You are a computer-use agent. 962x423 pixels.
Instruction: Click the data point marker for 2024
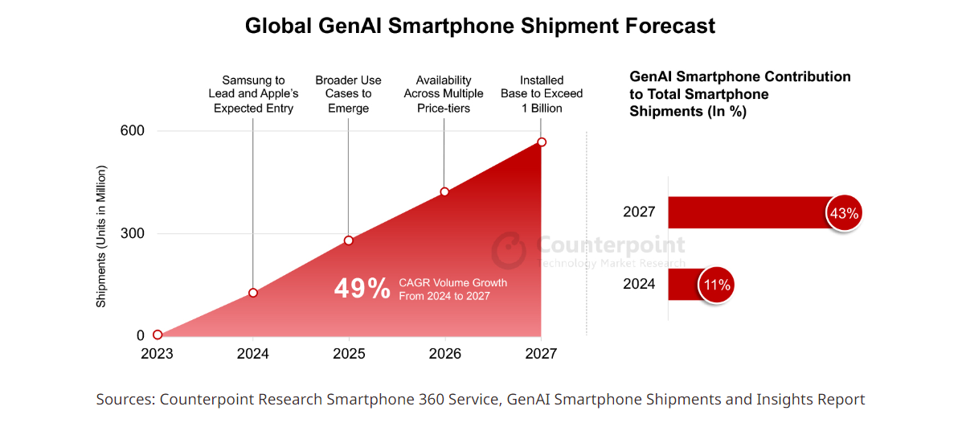click(253, 293)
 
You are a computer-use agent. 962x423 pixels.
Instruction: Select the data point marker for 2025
click(349, 240)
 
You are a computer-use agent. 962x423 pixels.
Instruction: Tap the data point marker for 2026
click(444, 191)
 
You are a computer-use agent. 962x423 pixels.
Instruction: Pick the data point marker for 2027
click(542, 142)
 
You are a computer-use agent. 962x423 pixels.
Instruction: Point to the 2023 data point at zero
click(158, 335)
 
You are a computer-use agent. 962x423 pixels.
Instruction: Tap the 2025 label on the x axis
click(349, 354)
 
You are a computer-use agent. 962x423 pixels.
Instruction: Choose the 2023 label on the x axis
click(158, 354)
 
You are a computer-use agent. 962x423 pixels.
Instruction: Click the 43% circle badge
click(844, 214)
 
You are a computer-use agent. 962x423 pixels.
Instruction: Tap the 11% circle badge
click(716, 285)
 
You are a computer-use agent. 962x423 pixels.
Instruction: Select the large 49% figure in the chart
click(362, 289)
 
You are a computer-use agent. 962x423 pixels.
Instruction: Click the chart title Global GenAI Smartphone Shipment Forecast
click(480, 26)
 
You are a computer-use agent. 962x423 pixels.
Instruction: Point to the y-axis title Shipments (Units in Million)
click(101, 236)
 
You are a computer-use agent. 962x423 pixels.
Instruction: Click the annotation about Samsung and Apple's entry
click(253, 94)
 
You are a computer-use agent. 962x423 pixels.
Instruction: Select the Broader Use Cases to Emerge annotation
click(349, 94)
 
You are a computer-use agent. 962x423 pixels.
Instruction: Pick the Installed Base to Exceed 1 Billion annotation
click(542, 94)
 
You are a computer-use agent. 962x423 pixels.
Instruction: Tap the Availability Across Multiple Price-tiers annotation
click(444, 94)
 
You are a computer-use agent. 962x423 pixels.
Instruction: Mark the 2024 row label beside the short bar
click(639, 284)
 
